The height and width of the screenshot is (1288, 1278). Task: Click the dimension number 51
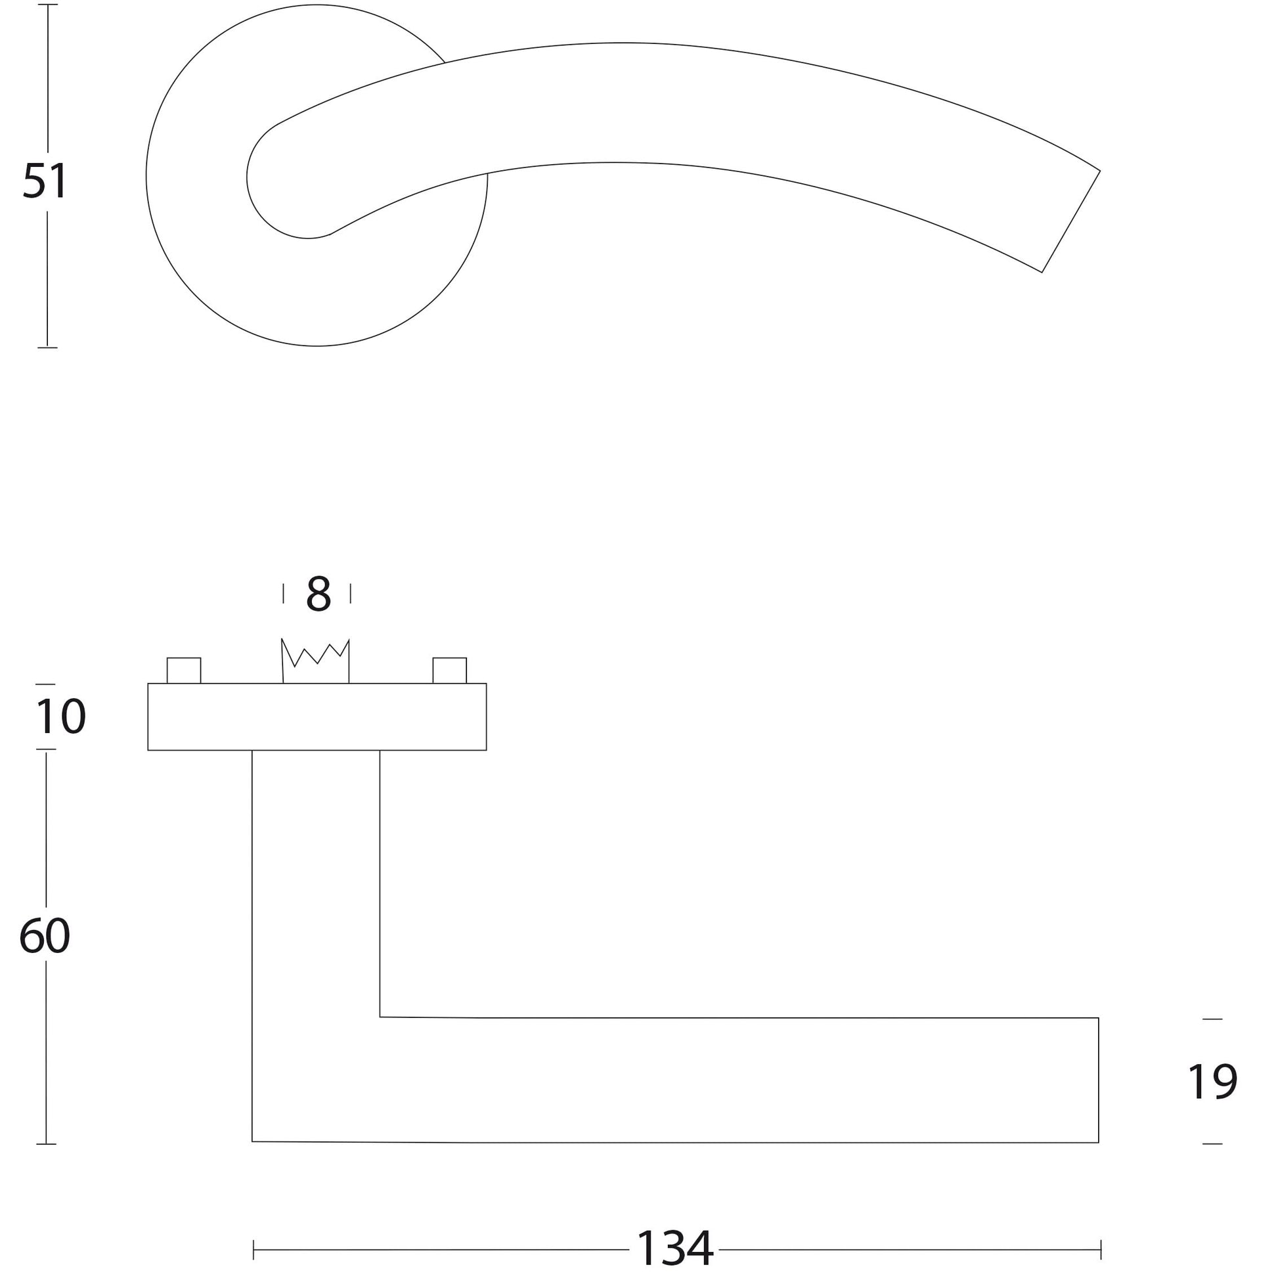(x=45, y=181)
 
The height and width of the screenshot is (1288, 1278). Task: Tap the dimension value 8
(x=318, y=593)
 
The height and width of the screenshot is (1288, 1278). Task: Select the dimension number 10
(x=60, y=717)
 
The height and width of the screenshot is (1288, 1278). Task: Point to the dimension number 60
(x=45, y=936)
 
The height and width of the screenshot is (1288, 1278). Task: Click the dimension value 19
(x=1212, y=1082)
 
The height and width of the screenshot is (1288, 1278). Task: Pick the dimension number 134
(x=674, y=1249)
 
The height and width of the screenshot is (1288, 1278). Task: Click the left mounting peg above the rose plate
(x=183, y=670)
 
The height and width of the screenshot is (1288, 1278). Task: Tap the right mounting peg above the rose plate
(x=449, y=670)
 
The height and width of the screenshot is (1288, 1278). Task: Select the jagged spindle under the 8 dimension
(x=315, y=661)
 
